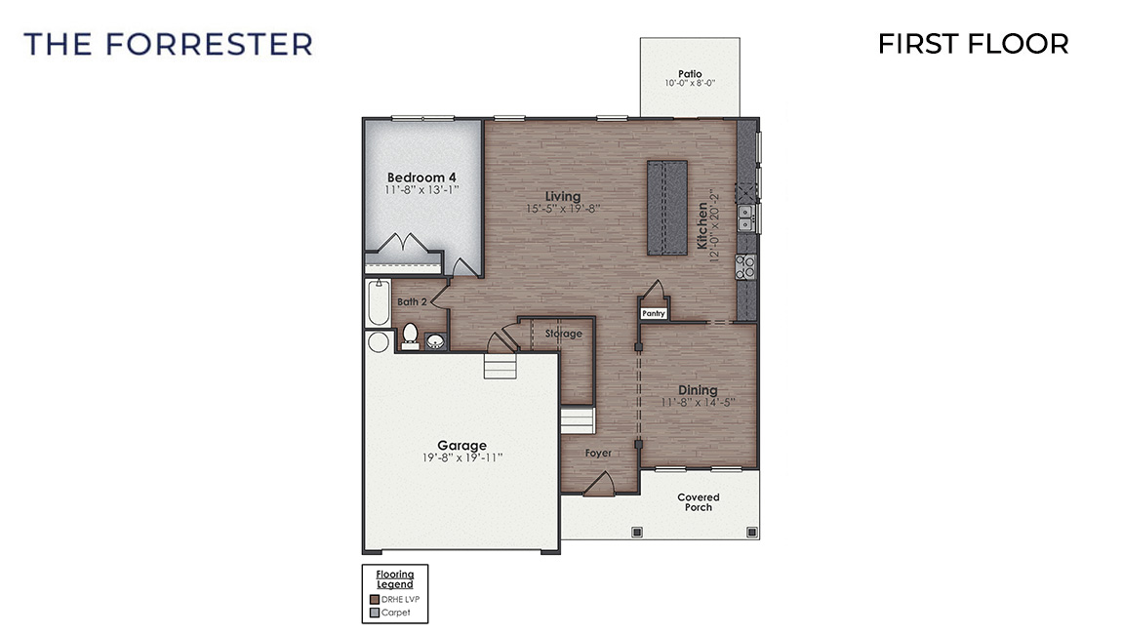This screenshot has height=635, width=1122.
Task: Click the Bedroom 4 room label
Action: [421, 177]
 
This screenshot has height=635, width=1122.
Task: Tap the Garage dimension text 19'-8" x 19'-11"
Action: [461, 457]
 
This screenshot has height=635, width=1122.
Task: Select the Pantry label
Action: [653, 313]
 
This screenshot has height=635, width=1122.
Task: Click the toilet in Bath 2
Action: [410, 336]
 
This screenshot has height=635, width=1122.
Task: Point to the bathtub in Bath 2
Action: [378, 303]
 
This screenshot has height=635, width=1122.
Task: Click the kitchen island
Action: [667, 207]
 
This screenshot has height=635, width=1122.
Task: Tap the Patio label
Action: [690, 74]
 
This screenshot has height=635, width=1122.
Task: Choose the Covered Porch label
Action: [699, 502]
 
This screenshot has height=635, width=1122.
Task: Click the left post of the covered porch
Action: [637, 532]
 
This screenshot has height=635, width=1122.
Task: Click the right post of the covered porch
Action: [751, 532]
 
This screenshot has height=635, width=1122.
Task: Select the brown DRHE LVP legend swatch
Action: [374, 600]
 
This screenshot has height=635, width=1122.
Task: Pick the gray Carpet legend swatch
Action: [374, 614]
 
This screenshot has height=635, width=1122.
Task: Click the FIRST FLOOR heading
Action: [973, 44]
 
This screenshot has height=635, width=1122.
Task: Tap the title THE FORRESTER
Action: [168, 44]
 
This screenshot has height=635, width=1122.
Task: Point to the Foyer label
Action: [598, 454]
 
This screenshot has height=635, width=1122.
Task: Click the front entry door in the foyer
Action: [598, 485]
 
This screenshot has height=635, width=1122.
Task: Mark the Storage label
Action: [563, 334]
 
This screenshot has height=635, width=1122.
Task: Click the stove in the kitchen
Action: [745, 265]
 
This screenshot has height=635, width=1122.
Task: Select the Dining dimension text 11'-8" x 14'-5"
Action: [698, 402]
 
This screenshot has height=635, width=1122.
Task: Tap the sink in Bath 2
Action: [435, 340]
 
